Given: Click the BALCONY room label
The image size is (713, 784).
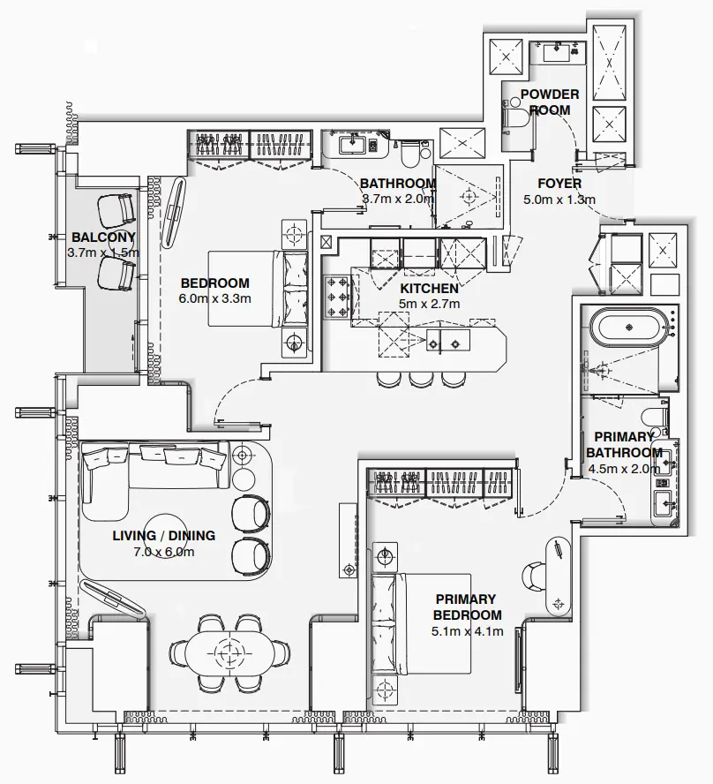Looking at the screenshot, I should [103, 237].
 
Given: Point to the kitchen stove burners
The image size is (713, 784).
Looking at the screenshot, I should [339, 298].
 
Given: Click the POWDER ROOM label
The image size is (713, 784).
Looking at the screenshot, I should [550, 102].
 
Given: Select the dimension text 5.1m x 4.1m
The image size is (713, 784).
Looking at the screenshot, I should [468, 630].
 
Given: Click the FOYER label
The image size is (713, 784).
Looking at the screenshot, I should [559, 184].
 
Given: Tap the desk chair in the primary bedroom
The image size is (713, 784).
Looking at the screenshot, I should [534, 575].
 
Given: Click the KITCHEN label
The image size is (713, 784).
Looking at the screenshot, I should [429, 289].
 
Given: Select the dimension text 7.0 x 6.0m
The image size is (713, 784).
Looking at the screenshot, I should [163, 552].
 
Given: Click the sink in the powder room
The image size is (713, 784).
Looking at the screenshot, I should [558, 51].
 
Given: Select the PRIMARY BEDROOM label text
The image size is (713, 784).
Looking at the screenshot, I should [468, 607].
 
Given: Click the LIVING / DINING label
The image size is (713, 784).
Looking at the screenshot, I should [163, 536].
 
